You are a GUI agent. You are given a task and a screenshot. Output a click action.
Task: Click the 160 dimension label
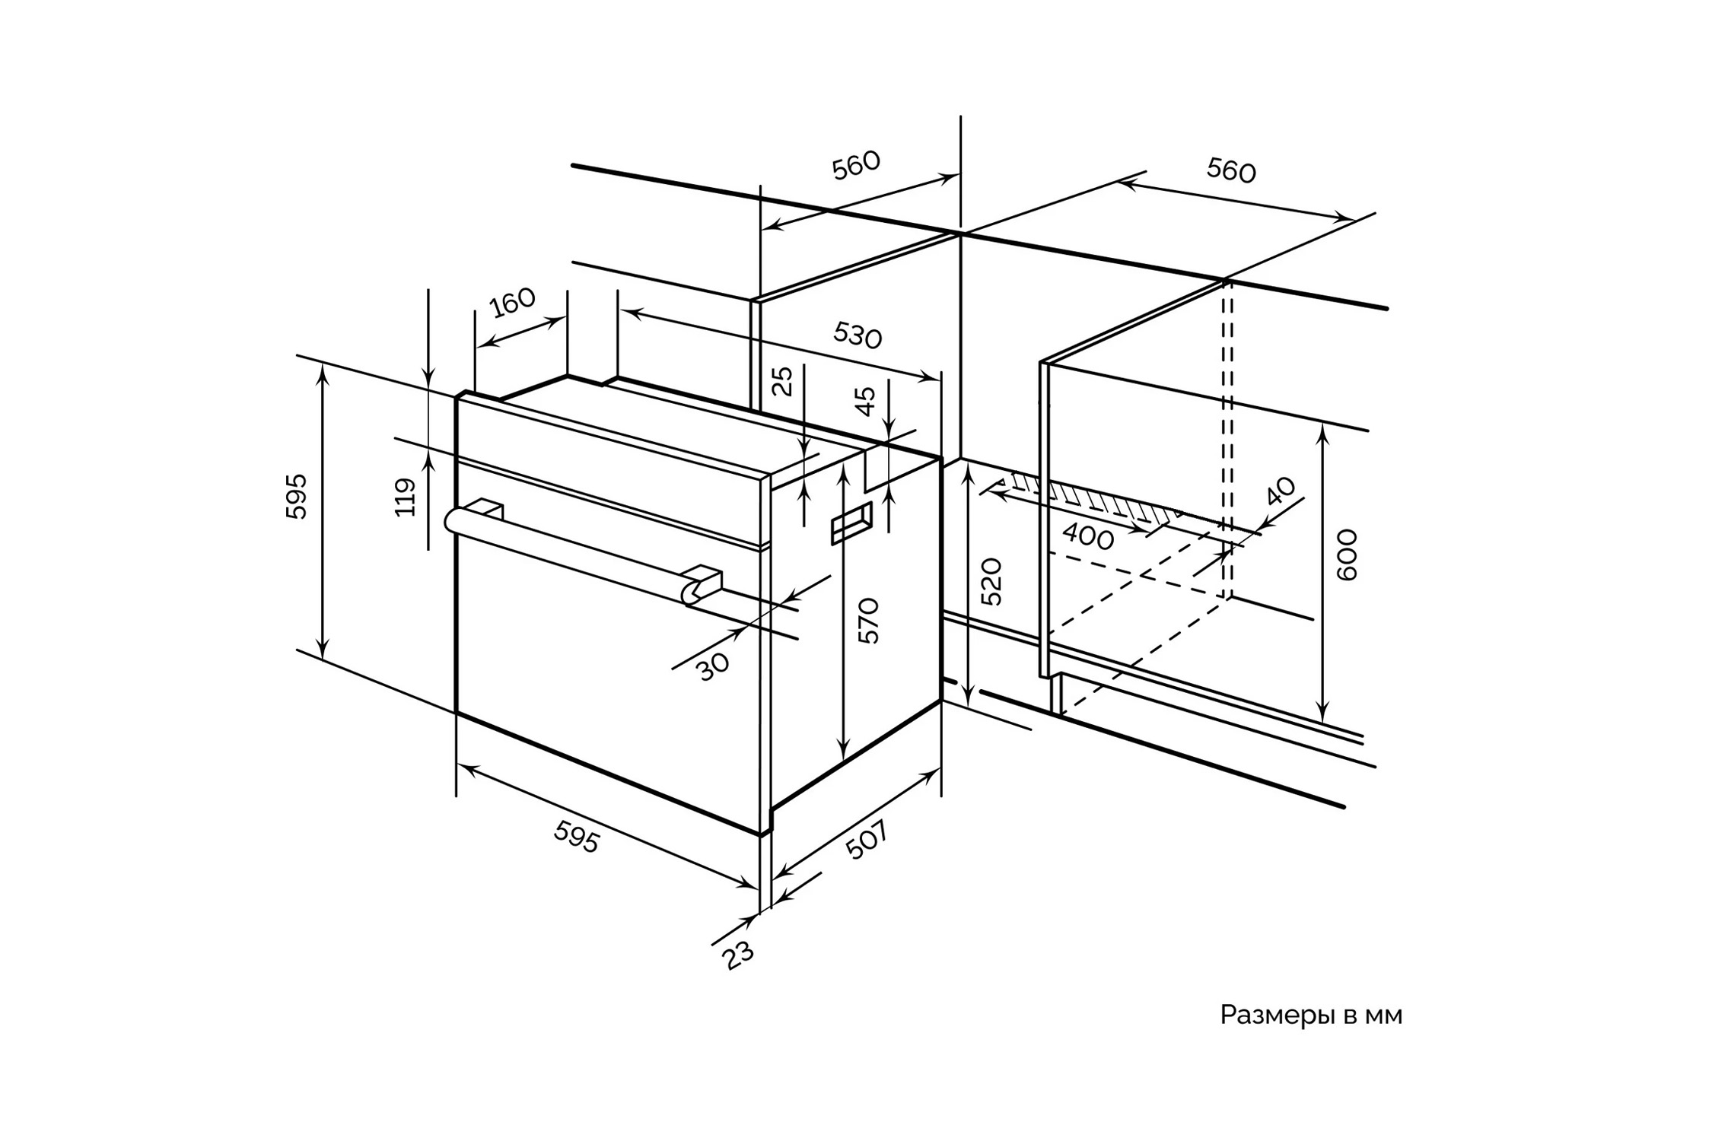click(x=513, y=303)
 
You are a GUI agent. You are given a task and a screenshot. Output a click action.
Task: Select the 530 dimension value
click(x=858, y=335)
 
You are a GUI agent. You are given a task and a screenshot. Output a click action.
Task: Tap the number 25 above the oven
click(x=782, y=381)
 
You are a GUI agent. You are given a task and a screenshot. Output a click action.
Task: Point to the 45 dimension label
click(x=865, y=402)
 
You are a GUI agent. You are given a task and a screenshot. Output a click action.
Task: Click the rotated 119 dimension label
click(x=406, y=497)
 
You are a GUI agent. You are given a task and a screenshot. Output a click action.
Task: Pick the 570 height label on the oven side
click(x=868, y=621)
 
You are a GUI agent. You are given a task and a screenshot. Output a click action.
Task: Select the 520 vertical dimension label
click(x=991, y=582)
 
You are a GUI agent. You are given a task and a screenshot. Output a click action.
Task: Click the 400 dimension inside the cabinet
click(x=1088, y=537)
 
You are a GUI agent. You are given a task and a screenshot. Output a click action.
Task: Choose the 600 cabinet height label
click(x=1347, y=555)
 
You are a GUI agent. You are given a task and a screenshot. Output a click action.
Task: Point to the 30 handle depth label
click(x=713, y=667)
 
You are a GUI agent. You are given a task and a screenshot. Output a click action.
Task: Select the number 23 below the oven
click(x=738, y=955)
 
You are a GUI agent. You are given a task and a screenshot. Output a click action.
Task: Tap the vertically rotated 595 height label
click(x=297, y=497)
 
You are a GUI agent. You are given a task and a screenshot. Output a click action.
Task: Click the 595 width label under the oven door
click(x=577, y=837)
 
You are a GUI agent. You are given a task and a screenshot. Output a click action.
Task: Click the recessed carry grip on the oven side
click(x=851, y=523)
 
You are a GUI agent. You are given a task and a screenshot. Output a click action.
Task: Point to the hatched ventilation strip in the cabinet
click(x=1096, y=498)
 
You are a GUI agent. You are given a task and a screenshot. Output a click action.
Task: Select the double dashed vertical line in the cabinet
click(x=1227, y=441)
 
